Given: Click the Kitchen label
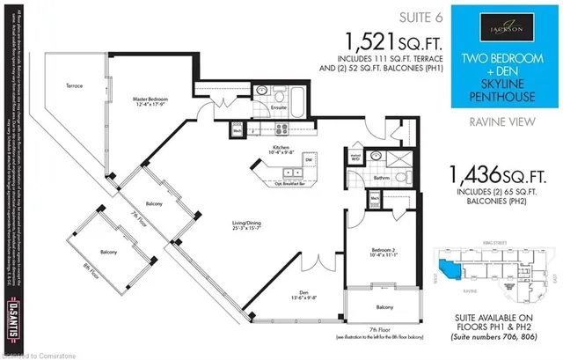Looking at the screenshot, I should coord(281,147).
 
